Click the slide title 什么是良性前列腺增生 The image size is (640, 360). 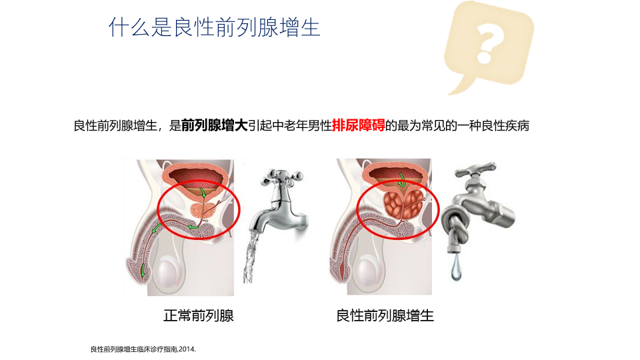(x=215, y=27)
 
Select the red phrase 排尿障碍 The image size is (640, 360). (x=359, y=125)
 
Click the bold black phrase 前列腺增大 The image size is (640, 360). (x=215, y=125)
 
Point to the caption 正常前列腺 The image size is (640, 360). (x=199, y=315)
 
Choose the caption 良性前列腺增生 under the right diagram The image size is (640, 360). (x=385, y=315)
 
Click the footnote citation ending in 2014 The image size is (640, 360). (x=143, y=349)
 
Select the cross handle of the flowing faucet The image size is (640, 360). (x=281, y=176)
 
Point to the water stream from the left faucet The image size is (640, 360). (x=251, y=256)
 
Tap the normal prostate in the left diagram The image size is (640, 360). (x=203, y=209)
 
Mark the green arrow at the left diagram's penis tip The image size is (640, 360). (x=143, y=270)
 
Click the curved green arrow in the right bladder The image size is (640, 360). (x=402, y=180)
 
